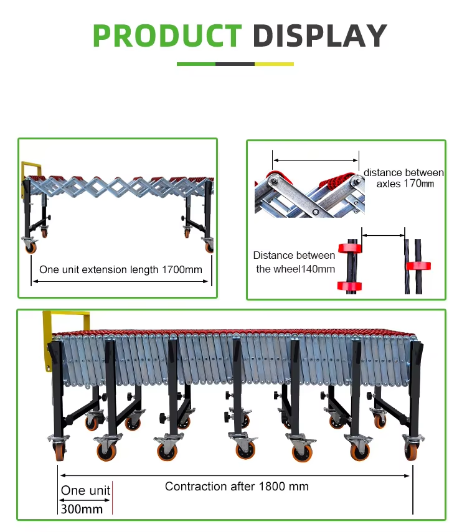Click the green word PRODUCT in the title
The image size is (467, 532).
click(167, 35)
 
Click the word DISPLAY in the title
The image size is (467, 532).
click(319, 35)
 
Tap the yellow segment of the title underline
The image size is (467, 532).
click(274, 64)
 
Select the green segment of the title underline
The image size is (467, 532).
click(196, 64)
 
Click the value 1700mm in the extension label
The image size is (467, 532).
click(182, 269)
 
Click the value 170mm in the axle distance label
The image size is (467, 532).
click(419, 184)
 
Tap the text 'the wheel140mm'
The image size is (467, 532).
click(296, 269)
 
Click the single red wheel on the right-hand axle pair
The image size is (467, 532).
click(418, 266)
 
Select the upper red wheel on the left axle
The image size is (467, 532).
click(350, 248)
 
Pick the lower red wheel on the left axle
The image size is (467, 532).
click(349, 286)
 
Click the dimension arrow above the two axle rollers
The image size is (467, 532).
click(316, 160)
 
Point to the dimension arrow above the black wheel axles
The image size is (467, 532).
click(383, 235)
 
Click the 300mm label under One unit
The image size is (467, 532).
click(82, 509)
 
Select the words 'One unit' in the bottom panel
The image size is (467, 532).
click(85, 490)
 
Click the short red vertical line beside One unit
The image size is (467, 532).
click(112, 498)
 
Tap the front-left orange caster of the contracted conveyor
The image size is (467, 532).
click(59, 451)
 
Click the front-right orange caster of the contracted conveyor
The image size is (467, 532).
click(410, 451)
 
